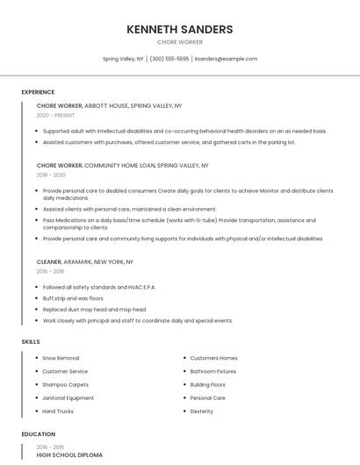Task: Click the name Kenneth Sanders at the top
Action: [x=180, y=29]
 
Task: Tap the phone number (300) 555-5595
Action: [x=169, y=59]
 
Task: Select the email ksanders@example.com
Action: [x=226, y=59]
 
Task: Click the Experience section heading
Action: [x=38, y=92]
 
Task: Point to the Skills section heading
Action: [x=31, y=341]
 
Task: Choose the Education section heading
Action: [x=38, y=434]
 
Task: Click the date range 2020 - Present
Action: [x=56, y=115]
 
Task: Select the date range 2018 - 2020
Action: [x=51, y=175]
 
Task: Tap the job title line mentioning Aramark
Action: [x=85, y=261]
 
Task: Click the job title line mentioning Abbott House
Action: [x=109, y=105]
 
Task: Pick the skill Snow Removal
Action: [x=61, y=358]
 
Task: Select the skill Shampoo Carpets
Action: [x=66, y=384]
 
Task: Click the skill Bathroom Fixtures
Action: [x=213, y=371]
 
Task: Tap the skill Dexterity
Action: [x=202, y=411]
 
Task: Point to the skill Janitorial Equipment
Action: [x=68, y=397]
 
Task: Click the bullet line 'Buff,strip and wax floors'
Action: [x=73, y=298]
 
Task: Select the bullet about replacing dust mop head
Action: [x=95, y=310]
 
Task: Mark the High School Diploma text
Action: [x=69, y=455]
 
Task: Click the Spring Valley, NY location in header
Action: [x=123, y=59]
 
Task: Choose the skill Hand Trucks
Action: [x=58, y=411]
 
